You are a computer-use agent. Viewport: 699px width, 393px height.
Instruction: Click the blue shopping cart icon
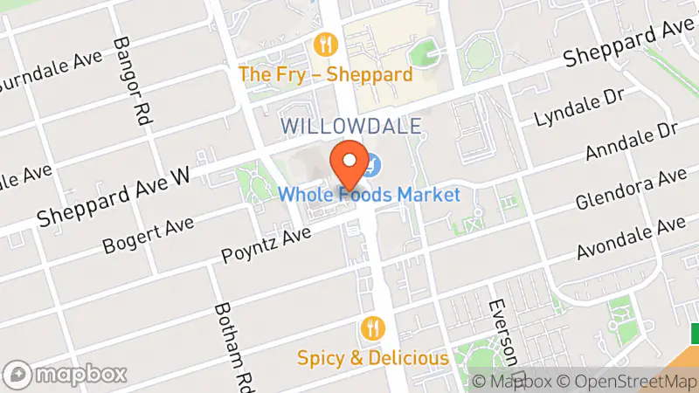[x=372, y=163]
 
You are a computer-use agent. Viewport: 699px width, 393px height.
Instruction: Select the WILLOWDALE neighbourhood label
[x=351, y=126]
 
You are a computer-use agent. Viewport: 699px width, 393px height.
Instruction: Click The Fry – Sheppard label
[x=325, y=74]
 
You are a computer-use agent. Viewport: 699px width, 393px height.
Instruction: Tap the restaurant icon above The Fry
[x=325, y=44]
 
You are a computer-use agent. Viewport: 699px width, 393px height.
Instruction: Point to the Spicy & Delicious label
[x=373, y=357]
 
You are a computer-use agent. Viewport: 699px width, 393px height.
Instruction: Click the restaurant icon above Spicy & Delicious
[x=373, y=328]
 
